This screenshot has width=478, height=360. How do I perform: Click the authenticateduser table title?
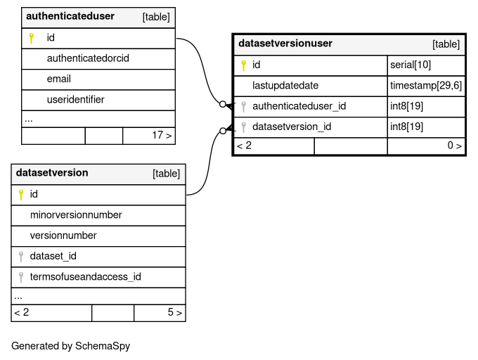click(x=70, y=16)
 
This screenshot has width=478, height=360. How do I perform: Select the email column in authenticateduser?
click(x=59, y=79)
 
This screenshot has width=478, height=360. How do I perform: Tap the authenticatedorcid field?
click(x=88, y=58)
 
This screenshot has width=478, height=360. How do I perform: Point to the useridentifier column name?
click(x=76, y=99)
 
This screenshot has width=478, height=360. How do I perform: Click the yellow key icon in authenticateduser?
click(x=31, y=38)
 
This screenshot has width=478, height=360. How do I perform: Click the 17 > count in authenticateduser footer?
click(x=162, y=135)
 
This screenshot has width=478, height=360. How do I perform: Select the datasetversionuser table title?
click(x=285, y=44)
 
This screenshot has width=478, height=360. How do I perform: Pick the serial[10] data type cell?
click(x=411, y=65)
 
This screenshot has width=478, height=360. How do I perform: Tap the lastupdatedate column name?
click(x=285, y=85)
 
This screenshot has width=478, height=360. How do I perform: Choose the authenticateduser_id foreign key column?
click(x=299, y=106)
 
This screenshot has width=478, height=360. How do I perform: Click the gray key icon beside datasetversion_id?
click(x=243, y=127)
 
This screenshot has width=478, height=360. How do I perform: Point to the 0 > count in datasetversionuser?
click(x=455, y=146)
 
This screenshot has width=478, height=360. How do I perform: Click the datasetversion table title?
click(x=52, y=173)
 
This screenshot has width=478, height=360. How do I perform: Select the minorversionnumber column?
click(x=76, y=215)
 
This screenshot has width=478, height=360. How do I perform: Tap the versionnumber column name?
click(x=63, y=236)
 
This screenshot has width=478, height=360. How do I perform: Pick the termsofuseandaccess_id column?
click(x=85, y=277)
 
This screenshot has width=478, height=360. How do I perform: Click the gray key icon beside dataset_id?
click(x=20, y=257)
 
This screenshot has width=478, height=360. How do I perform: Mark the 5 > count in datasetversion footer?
click(x=174, y=312)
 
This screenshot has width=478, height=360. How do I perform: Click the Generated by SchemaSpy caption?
click(x=71, y=346)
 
